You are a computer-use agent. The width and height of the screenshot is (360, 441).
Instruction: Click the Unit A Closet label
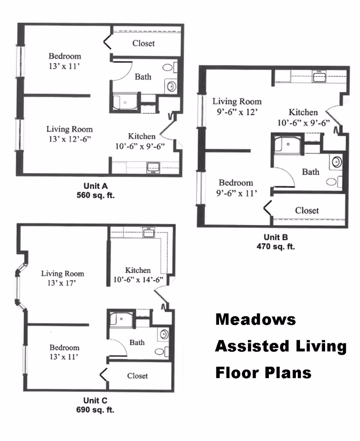pos(143,43)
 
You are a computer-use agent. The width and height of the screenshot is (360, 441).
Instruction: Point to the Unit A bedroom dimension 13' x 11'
pos(64,66)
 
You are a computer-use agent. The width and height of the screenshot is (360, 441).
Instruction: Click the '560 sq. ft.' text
pos(96,195)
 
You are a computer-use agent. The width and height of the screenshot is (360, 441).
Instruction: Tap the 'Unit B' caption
pos(276,237)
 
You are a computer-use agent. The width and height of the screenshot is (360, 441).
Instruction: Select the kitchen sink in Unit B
pos(319,77)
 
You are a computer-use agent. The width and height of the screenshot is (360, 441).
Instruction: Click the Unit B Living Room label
pos(237,101)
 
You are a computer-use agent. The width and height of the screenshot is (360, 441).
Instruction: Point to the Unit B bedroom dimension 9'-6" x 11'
pos(237,193)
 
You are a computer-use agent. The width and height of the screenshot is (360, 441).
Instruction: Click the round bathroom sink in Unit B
pos(337,162)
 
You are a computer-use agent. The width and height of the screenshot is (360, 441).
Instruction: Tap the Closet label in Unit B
pos(307,210)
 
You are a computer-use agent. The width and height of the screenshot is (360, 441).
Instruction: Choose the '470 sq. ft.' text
pos(276,247)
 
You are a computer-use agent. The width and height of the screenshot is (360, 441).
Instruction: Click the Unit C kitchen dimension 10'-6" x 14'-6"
pos(138,280)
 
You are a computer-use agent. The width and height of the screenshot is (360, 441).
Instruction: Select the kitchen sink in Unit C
pos(148,232)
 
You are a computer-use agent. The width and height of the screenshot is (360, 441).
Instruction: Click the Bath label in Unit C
pos(137,343)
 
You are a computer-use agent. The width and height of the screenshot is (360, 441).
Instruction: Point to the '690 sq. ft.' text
pos(95,410)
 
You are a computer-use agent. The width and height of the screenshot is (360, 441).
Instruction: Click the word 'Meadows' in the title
pos(256,319)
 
